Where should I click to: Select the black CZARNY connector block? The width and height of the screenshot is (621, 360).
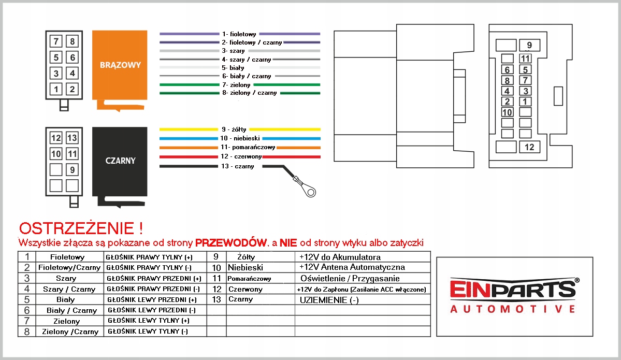[120, 161]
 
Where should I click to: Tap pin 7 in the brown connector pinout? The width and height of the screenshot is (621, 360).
[56, 41]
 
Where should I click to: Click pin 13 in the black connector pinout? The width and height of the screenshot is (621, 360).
[73, 138]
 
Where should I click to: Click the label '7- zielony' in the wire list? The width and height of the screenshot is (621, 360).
[236, 84]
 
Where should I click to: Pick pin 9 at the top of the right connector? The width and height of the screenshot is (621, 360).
[529, 45]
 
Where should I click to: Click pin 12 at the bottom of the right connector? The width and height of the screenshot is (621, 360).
[529, 147]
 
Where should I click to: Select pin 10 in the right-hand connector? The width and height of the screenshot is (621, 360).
[508, 112]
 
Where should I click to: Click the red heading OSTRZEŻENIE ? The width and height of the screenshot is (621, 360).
[80, 228]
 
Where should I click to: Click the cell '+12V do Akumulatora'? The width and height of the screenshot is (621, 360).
[340, 257]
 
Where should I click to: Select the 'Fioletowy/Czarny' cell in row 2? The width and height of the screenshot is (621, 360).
[69, 268]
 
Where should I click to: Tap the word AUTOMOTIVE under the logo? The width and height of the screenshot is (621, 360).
[513, 309]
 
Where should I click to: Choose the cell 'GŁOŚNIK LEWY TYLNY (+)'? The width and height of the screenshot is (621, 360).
[148, 321]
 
